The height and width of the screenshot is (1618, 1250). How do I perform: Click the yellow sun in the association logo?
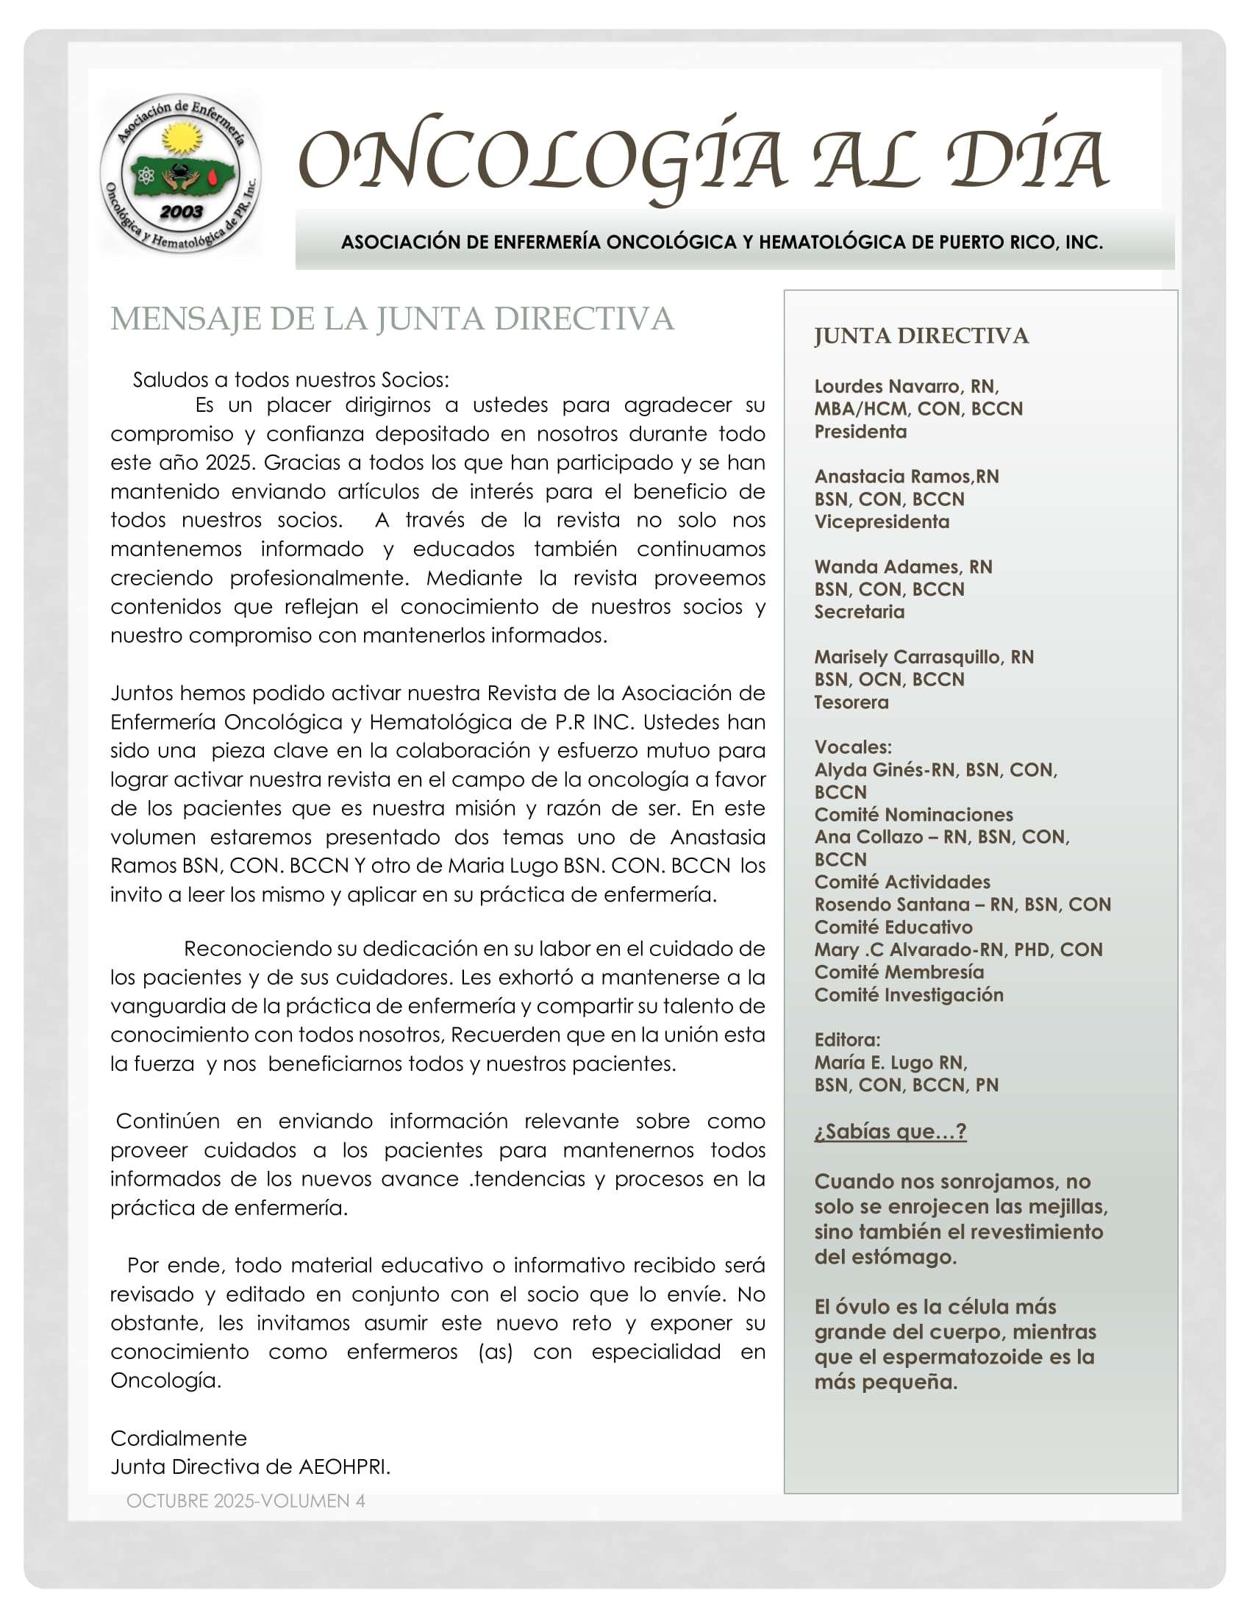182,138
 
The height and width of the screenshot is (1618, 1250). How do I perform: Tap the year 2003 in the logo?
182,212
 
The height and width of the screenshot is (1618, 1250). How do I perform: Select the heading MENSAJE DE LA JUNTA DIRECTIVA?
392,318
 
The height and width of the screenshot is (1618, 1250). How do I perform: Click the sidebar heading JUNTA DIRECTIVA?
921,335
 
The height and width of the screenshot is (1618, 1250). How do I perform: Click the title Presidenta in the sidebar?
860,431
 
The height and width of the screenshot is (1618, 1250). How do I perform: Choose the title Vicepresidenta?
881,521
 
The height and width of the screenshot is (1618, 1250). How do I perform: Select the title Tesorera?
851,702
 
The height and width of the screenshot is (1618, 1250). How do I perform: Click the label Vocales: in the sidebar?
852,746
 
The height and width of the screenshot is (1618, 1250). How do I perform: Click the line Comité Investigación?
909,995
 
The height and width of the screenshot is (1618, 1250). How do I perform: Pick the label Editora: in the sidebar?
847,1039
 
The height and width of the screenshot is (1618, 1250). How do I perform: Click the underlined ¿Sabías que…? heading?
890,1131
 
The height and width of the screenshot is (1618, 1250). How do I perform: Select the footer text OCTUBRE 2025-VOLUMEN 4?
245,1501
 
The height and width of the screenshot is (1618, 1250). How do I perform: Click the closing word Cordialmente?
179,1438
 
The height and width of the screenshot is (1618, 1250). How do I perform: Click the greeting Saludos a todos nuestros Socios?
290,379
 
